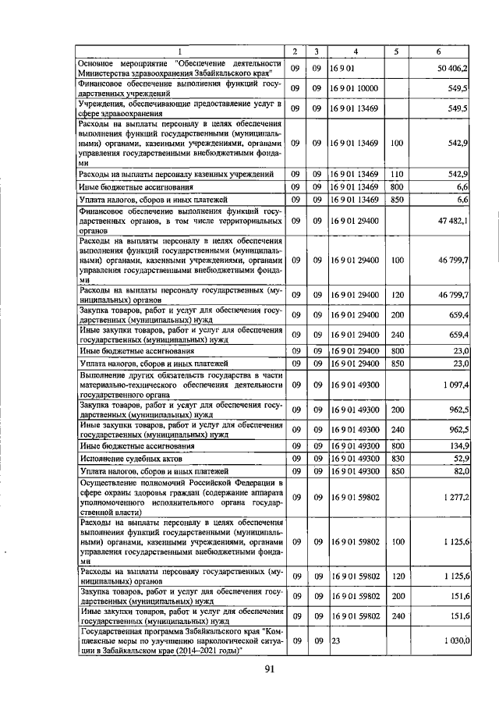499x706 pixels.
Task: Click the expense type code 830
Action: tap(396, 459)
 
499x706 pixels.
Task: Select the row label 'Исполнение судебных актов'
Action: tap(122, 459)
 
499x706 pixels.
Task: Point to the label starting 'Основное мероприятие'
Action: tap(179, 69)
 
